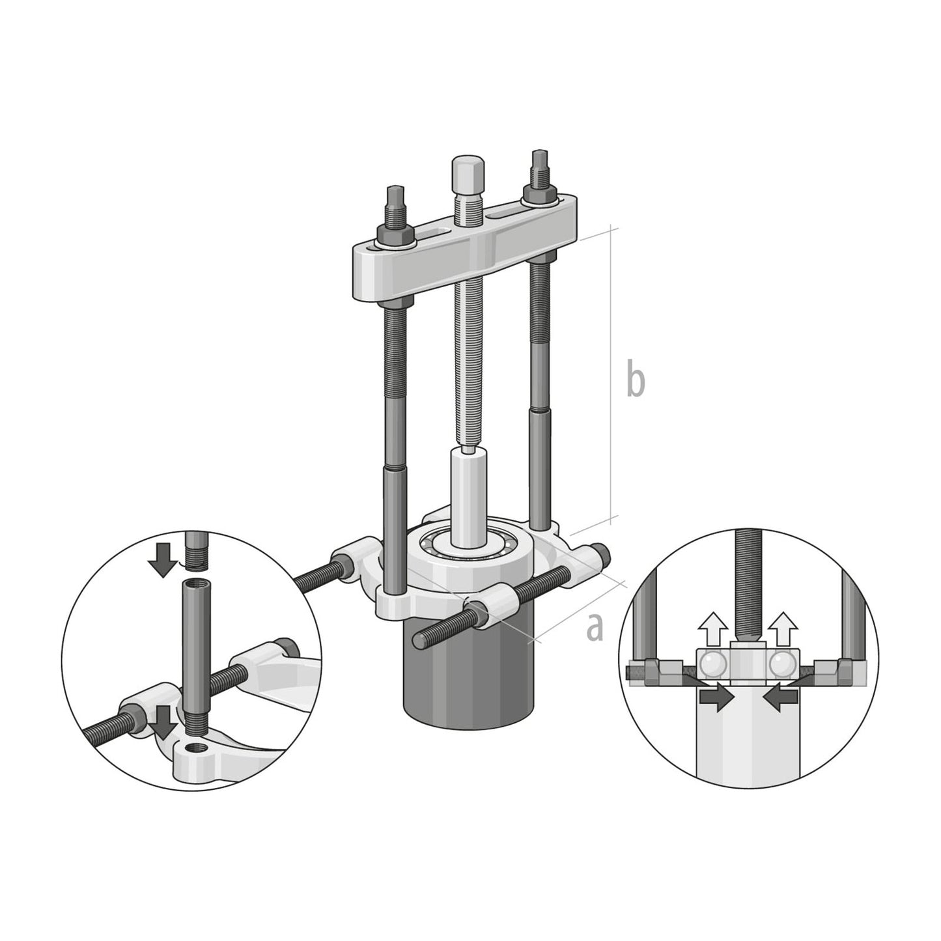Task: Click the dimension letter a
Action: pos(594,626)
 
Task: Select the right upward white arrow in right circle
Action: pos(781,628)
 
